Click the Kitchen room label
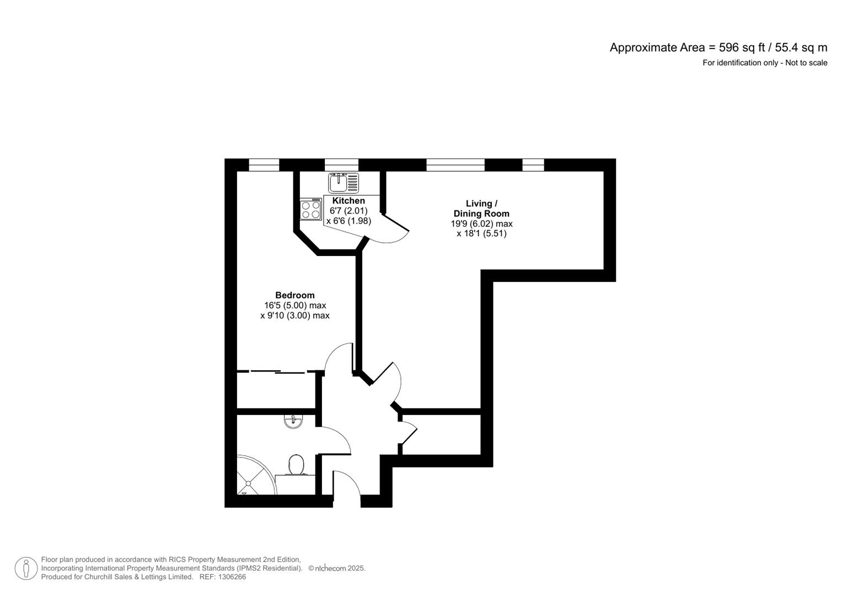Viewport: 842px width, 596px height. (x=348, y=201)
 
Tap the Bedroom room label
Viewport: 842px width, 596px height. (x=295, y=295)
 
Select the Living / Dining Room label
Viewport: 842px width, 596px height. (x=481, y=209)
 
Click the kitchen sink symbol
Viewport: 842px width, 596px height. (x=343, y=183)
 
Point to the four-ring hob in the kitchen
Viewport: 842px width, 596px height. (x=311, y=210)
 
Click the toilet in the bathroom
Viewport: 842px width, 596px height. (x=297, y=465)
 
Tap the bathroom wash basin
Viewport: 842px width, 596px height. (x=293, y=422)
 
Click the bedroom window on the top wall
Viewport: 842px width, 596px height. (x=264, y=164)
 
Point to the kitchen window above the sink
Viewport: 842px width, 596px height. (x=341, y=164)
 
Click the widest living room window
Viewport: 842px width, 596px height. (x=455, y=164)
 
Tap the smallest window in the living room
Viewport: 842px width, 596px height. (x=533, y=164)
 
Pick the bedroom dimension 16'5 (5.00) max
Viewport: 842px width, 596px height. (x=295, y=305)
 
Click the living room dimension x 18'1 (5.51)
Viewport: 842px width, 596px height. (x=481, y=233)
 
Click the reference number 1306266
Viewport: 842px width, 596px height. (x=232, y=577)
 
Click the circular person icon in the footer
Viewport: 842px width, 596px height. (x=26, y=568)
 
